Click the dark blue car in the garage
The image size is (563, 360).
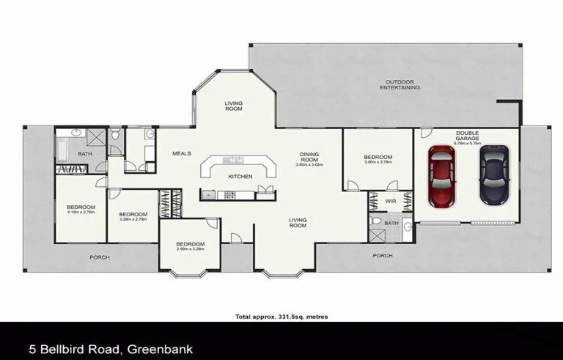pyautogui.click(x=493, y=175)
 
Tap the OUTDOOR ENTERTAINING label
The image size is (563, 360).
pyautogui.click(x=400, y=84)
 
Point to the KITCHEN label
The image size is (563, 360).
pyautogui.click(x=240, y=177)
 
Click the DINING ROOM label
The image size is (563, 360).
pyautogui.click(x=309, y=157)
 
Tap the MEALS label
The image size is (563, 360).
pyautogui.click(x=181, y=153)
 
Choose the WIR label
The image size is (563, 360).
pyautogui.click(x=391, y=199)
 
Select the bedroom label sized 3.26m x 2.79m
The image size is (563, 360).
pyautogui.click(x=133, y=216)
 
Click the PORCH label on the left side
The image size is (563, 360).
pyautogui.click(x=99, y=257)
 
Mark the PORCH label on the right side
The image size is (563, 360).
pyautogui.click(x=382, y=255)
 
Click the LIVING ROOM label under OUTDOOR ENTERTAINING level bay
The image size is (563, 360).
pyautogui.click(x=233, y=106)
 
